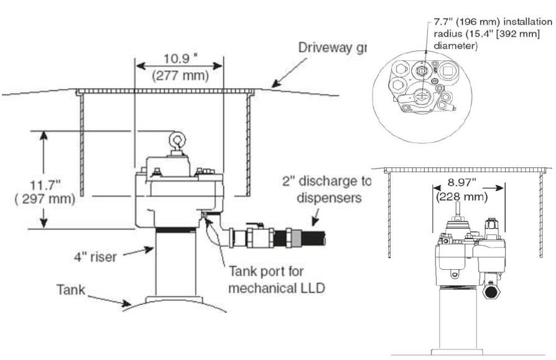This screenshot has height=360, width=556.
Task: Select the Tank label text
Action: [70, 290]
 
